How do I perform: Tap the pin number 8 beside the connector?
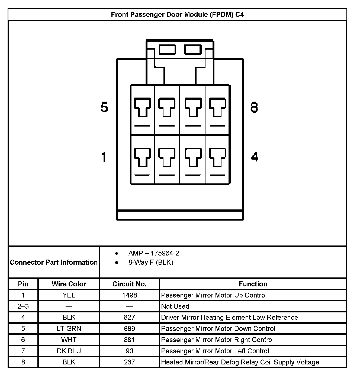[254, 107]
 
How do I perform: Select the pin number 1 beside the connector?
[104, 157]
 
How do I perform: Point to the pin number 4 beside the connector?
[255, 157]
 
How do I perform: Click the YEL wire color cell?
[69, 295]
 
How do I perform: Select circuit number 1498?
[129, 295]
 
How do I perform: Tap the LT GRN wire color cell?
[69, 328]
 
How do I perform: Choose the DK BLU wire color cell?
[69, 351]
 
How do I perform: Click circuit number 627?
[129, 317]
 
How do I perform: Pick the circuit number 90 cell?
[129, 351]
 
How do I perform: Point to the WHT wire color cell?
[69, 340]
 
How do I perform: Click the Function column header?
[253, 284]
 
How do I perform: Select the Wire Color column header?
[69, 284]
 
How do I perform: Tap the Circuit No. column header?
[129, 284]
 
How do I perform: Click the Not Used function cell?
[175, 306]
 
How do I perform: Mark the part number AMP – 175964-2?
[154, 253]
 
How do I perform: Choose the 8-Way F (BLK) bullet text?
[151, 262]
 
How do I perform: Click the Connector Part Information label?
[54, 262]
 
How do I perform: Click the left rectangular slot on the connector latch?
[167, 50]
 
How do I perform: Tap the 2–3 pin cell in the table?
[23, 306]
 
